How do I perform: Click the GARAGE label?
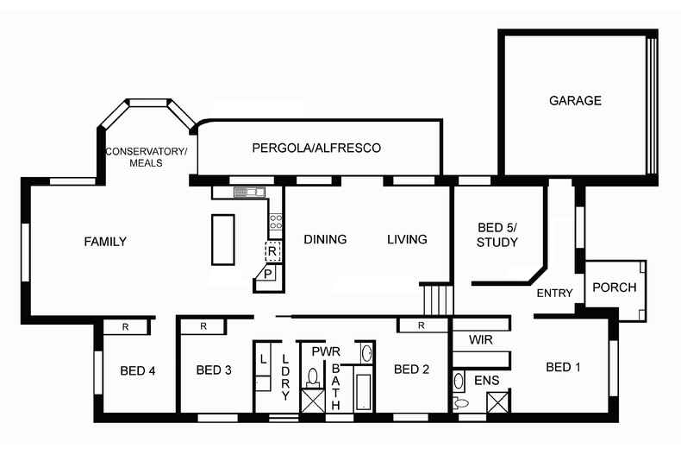click(x=575, y=101)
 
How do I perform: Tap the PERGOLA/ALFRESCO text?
click(x=316, y=149)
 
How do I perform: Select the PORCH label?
click(x=615, y=288)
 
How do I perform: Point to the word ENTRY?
click(x=554, y=294)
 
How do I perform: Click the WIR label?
click(x=481, y=340)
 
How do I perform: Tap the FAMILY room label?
click(x=105, y=242)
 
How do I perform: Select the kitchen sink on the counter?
click(x=248, y=192)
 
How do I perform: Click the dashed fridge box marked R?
click(x=273, y=252)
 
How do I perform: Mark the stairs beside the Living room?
click(x=437, y=300)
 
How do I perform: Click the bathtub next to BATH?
click(x=363, y=392)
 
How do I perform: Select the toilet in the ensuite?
click(x=460, y=402)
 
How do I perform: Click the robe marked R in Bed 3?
click(x=203, y=326)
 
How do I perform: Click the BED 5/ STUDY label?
click(x=497, y=235)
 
